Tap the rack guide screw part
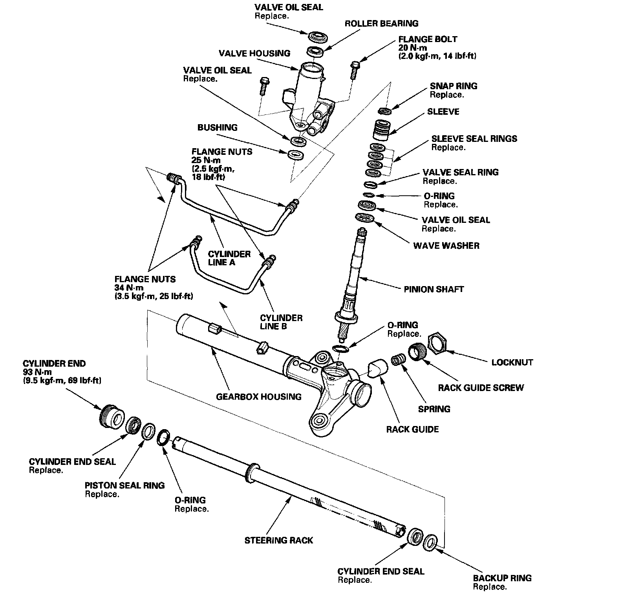[x=417, y=351]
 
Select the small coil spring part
[x=399, y=360]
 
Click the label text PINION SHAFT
[x=434, y=290]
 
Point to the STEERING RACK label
[x=278, y=540]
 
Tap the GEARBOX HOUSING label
[x=259, y=397]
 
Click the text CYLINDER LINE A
[x=229, y=258]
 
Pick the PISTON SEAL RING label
[x=124, y=485]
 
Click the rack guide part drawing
[x=378, y=367]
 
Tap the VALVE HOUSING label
[x=254, y=53]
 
